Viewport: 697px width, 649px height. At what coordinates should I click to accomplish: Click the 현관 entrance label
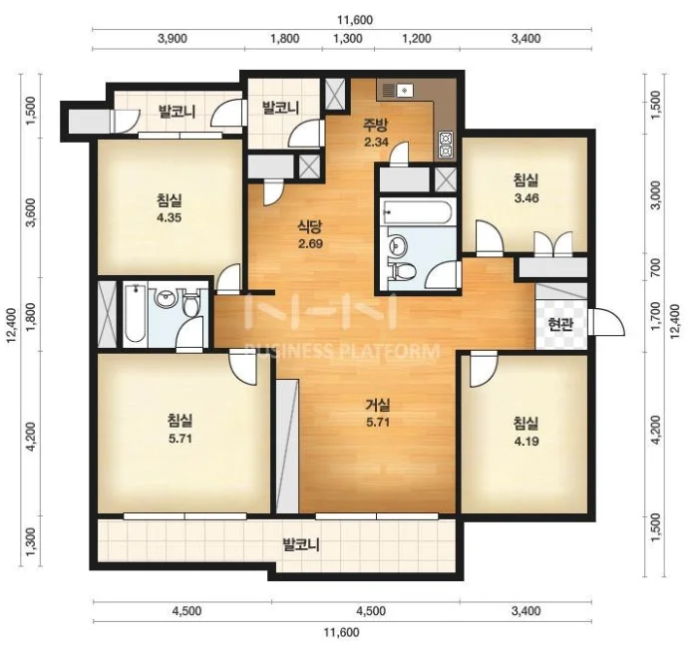click(x=560, y=325)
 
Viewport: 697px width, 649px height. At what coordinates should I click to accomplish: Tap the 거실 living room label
click(x=378, y=405)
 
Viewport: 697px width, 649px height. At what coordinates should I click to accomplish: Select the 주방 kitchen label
click(x=376, y=125)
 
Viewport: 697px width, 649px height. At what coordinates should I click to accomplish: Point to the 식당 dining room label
click(x=310, y=226)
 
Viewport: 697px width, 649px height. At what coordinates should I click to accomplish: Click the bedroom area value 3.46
click(x=526, y=198)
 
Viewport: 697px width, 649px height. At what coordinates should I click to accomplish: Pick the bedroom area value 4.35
click(x=169, y=217)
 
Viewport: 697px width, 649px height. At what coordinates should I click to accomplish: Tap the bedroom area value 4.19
click(x=526, y=442)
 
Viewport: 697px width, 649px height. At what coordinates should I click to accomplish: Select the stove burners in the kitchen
click(x=446, y=145)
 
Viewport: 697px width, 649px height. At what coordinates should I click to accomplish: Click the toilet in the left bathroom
click(x=191, y=304)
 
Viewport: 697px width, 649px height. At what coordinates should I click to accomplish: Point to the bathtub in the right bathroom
click(x=419, y=212)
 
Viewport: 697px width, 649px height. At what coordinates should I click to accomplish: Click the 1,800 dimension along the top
click(x=285, y=38)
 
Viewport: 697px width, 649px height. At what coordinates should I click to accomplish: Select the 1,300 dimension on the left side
click(x=31, y=541)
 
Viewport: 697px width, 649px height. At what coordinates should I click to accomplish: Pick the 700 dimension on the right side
click(x=656, y=268)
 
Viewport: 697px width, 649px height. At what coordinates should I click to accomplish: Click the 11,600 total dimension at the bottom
click(x=341, y=632)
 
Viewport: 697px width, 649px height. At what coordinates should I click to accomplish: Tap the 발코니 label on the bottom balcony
click(x=301, y=544)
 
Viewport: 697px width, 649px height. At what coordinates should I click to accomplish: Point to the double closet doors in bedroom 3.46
click(x=553, y=243)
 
